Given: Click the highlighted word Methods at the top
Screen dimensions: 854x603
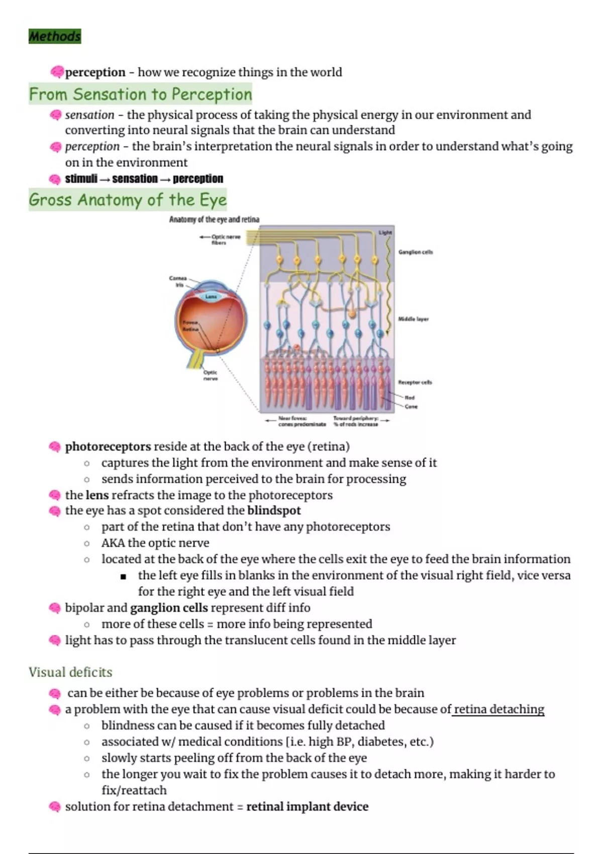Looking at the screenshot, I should coord(54,36).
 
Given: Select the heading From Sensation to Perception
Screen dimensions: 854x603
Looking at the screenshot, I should coord(140,94).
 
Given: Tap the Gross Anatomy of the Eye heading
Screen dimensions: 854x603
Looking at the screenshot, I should coord(128,199).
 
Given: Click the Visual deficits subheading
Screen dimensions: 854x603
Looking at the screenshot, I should coord(70,672).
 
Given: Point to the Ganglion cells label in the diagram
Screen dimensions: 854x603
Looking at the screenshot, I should coord(415,252).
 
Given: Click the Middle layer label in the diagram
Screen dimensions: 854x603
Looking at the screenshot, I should coord(413,319).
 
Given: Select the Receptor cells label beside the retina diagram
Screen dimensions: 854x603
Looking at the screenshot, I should coord(415,382).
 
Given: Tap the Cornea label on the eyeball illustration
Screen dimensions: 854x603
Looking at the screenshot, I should coord(178,278).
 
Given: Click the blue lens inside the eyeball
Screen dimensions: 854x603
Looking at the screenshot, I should coord(211,296).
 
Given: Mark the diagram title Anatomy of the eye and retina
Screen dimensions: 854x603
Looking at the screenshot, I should coord(214,220).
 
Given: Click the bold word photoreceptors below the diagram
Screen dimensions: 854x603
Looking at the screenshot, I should coord(108,447).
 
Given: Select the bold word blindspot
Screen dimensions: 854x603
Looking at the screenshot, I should coord(274,510).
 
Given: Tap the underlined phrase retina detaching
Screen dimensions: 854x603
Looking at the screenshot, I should coord(498,709).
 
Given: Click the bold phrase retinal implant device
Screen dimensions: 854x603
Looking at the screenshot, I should coord(307,806).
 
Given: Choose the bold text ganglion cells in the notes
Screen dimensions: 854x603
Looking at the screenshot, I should coord(169,608).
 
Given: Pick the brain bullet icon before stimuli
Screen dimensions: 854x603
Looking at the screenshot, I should coord(55,179).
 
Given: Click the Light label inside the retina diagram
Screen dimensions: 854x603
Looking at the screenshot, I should coord(385,233).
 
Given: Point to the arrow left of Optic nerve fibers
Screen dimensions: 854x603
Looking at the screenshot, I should coord(204,237).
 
